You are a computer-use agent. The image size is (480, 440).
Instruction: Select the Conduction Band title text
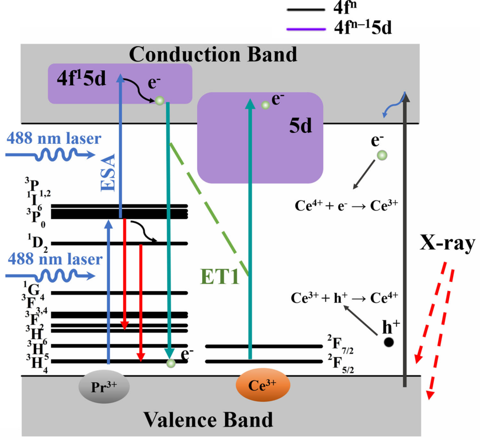pos(213,54)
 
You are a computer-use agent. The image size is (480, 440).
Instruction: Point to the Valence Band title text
pos(208,419)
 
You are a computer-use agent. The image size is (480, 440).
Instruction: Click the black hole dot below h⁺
pos(388,342)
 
